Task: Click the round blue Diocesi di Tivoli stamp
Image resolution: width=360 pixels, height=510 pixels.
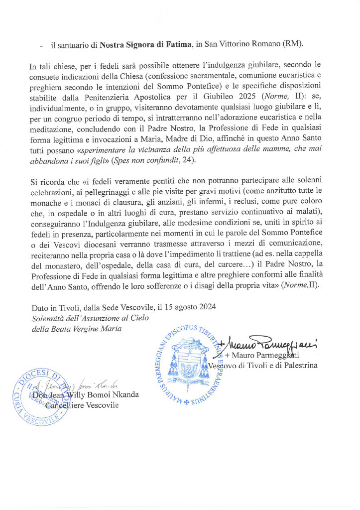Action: (41, 396)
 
